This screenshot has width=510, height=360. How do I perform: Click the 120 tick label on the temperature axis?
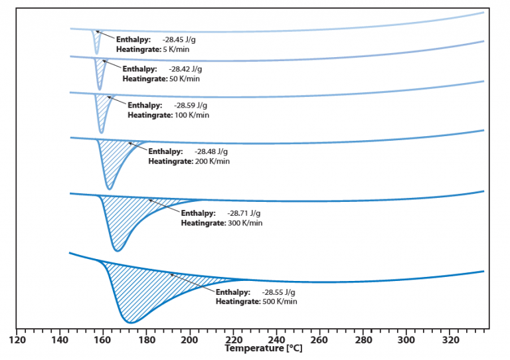click(x=17, y=339)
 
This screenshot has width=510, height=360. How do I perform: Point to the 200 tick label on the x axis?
click(x=190, y=339)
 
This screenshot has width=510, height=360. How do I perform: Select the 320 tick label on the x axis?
click(x=450, y=339)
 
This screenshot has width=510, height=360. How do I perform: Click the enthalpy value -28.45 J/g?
click(x=179, y=40)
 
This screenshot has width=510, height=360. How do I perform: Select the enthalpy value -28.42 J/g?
click(x=185, y=69)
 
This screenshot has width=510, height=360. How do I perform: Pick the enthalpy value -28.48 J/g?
click(x=212, y=151)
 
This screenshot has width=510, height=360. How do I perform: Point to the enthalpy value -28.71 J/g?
click(x=245, y=213)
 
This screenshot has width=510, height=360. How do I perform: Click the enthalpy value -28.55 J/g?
click(x=279, y=292)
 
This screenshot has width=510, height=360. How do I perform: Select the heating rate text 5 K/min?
click(x=178, y=50)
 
